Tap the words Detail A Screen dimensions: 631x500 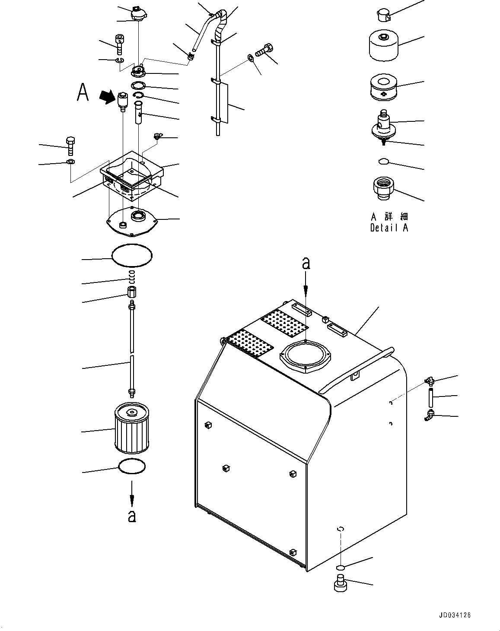pyautogui.click(x=389, y=228)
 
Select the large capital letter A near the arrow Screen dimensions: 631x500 pyautogui.click(x=83, y=92)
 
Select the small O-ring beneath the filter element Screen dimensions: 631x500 pyautogui.click(x=132, y=467)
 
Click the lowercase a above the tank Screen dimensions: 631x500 pyautogui.click(x=306, y=263)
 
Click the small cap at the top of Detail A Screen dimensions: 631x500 pyautogui.click(x=382, y=15)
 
